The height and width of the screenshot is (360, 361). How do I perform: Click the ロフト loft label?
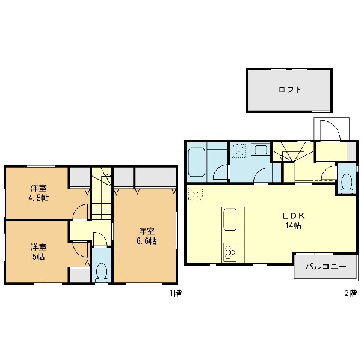point(290,90)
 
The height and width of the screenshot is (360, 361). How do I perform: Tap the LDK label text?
point(294,216)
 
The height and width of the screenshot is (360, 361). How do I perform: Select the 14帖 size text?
point(294,225)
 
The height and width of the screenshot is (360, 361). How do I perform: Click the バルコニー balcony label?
point(326,266)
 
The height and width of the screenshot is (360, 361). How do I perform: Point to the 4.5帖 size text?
point(39,198)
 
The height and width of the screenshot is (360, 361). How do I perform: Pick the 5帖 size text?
point(39,257)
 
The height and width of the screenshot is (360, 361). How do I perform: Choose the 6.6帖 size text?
point(147,241)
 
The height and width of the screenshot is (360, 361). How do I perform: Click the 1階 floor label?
point(176,293)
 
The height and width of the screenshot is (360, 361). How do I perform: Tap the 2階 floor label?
point(351,293)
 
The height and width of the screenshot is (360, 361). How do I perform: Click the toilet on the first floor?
point(102,272)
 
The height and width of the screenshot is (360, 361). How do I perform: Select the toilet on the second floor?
point(347,183)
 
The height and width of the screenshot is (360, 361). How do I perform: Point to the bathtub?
point(196,162)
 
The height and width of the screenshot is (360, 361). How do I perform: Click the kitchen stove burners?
point(230,252)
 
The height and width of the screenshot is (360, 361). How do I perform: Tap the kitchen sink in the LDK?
point(230,219)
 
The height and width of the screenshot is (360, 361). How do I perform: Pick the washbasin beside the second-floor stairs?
point(261,150)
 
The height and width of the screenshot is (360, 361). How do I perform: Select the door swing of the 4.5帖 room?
point(80,212)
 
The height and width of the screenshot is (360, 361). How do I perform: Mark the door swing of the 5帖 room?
point(80,249)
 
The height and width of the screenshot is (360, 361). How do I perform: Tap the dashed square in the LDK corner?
point(196,194)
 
